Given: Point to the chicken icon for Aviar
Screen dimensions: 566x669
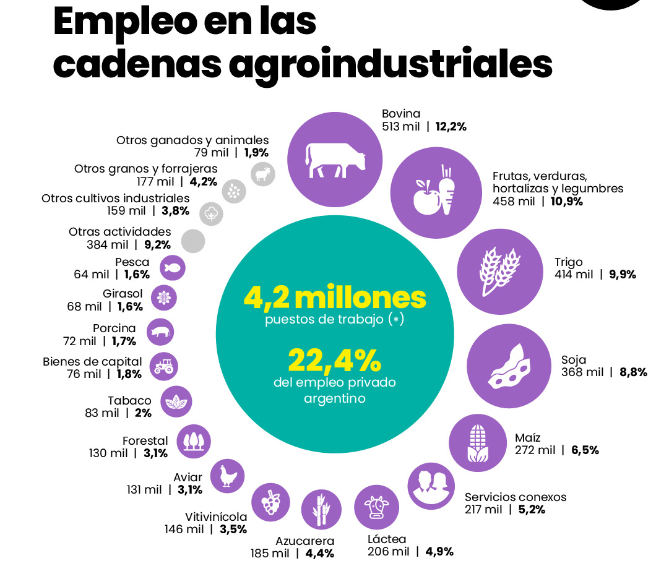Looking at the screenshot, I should (228, 476).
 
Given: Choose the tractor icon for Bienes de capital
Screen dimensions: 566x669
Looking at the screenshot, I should (163, 366).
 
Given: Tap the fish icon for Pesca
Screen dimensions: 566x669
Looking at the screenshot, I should (173, 268).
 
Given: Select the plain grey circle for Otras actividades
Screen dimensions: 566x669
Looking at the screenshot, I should (193, 241).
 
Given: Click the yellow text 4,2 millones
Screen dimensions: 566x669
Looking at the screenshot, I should (335, 298).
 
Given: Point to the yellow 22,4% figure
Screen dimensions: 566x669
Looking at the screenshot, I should (334, 359).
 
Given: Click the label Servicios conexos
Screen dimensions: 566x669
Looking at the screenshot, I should (516, 497).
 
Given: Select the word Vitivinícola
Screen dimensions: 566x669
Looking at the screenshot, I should (216, 517).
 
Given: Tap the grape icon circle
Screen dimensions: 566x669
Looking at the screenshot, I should (270, 500).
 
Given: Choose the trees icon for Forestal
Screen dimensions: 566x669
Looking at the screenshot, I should (194, 441).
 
